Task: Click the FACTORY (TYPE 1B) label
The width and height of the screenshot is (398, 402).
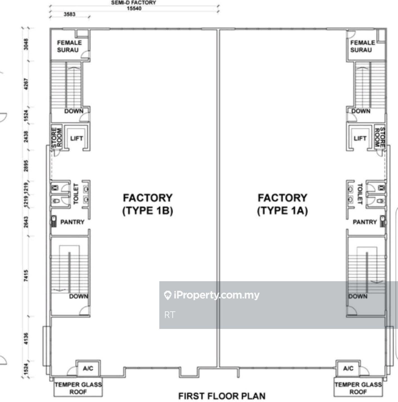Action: (148, 204)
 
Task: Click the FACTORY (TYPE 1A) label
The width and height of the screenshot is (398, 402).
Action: (282, 204)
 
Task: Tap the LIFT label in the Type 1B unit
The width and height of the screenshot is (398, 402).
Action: (77, 138)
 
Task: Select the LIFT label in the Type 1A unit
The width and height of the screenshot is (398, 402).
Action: (360, 138)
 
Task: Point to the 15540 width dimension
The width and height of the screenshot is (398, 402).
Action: (134, 8)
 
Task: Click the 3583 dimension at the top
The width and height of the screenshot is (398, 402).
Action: (69, 14)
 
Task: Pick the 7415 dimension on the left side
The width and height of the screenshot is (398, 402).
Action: (26, 275)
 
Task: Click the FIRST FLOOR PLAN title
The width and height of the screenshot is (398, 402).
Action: (222, 396)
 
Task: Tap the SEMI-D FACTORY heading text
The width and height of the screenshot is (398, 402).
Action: (134, 3)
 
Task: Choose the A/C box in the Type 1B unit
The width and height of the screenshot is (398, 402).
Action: (88, 369)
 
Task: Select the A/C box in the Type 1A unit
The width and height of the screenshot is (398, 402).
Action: (348, 369)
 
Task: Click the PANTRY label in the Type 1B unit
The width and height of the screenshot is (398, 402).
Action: (72, 222)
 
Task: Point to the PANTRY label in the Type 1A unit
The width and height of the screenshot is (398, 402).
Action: (365, 222)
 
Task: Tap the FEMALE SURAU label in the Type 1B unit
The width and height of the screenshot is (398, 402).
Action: (69, 46)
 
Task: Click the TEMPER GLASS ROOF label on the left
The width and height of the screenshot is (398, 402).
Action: (78, 388)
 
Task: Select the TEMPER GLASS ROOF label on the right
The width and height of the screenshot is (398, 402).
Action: (358, 388)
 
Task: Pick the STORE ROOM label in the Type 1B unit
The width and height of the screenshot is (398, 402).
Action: (57, 138)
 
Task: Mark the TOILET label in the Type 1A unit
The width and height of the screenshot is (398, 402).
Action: (360, 194)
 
